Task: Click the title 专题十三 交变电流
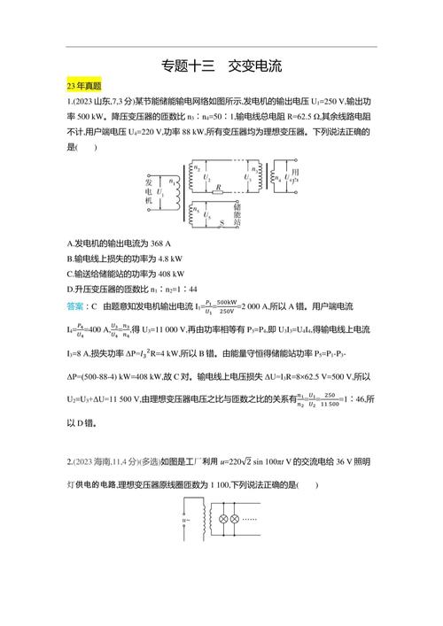pyautogui.click(x=221, y=66)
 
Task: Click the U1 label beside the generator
pyautogui.click(x=159, y=192)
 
